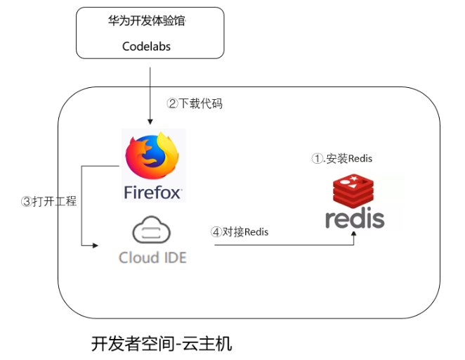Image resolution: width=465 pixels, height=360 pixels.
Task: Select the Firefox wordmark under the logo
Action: click(x=152, y=191)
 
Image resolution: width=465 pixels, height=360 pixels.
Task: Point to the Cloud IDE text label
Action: click(x=152, y=257)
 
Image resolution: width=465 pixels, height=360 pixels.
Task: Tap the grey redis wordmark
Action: click(x=355, y=218)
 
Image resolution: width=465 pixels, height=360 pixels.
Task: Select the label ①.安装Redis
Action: click(x=342, y=158)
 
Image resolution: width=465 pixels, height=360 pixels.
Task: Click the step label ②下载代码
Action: click(x=195, y=103)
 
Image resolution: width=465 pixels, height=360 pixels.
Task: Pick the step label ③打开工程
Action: click(x=48, y=201)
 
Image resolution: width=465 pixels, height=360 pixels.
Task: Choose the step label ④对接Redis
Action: click(x=240, y=231)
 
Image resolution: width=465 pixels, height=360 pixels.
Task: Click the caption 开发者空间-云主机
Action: click(x=162, y=344)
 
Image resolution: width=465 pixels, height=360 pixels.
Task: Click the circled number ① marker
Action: click(x=317, y=158)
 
